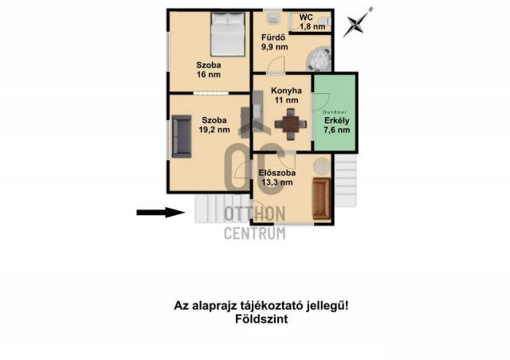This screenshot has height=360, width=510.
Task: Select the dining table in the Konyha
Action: click(x=288, y=123)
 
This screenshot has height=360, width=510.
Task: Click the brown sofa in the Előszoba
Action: click(x=322, y=197)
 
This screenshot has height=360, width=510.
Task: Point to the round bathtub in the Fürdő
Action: click(x=320, y=59)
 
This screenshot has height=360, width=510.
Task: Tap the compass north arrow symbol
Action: click(x=357, y=22)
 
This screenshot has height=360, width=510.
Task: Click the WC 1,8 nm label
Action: click(x=312, y=22)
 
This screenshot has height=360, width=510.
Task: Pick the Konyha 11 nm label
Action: click(x=284, y=96)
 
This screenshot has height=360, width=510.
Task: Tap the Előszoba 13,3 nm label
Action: click(x=277, y=177)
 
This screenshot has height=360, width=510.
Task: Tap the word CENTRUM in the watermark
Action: click(x=255, y=233)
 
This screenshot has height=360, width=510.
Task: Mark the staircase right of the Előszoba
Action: click(x=345, y=180)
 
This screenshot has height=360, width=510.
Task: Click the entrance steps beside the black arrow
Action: click(x=213, y=209)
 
